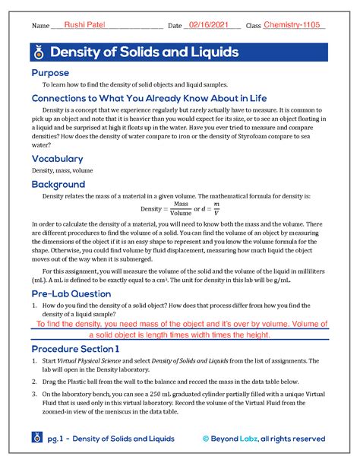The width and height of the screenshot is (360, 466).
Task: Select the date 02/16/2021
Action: click(x=210, y=25)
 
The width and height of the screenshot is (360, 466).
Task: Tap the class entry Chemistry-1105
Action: click(x=292, y=25)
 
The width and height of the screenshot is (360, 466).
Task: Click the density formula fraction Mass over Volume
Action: click(x=181, y=208)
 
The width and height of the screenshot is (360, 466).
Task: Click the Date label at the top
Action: click(x=174, y=27)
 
